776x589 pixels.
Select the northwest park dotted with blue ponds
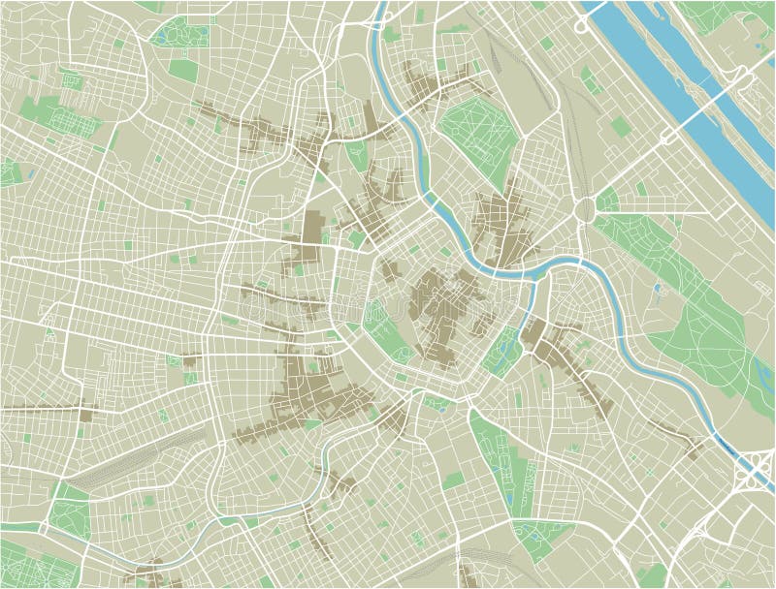[x=178, y=35]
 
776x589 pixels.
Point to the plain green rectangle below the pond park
[x=182, y=71]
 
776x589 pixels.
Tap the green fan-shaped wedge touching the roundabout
[x=608, y=201]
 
